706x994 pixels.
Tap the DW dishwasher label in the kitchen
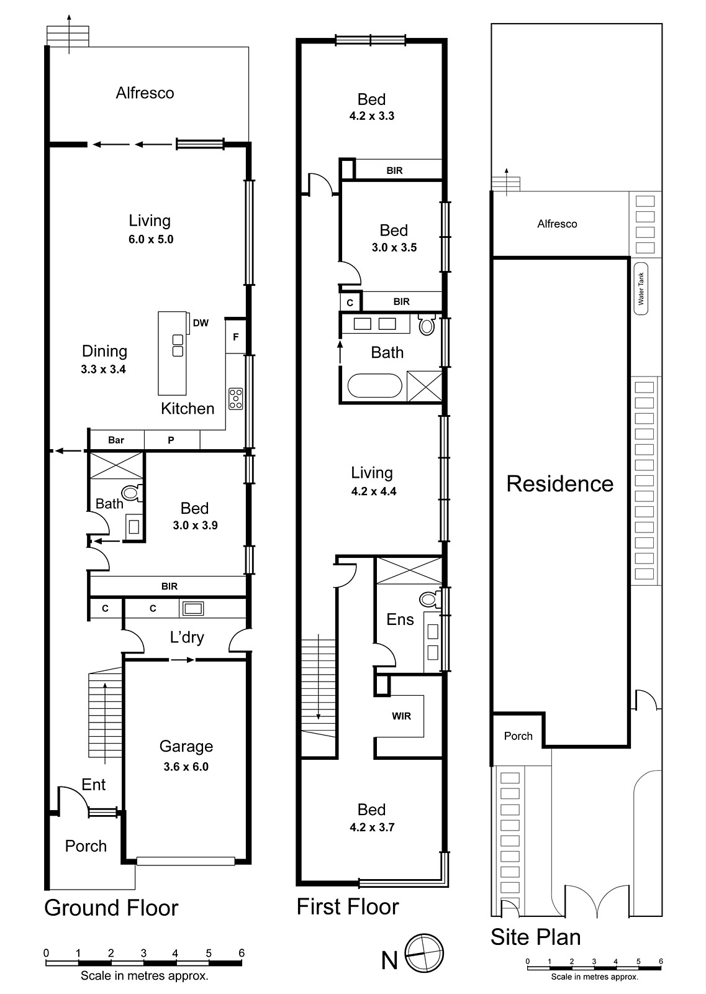201,323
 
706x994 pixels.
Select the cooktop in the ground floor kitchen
235,398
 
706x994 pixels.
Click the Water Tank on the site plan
641,289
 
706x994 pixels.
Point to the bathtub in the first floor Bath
374,385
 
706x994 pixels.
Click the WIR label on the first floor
401,716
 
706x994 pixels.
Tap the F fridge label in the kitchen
236,337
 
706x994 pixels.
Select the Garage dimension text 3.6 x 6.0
186,767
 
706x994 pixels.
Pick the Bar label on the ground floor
116,440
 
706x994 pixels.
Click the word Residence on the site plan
559,484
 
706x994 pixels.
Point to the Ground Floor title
111,908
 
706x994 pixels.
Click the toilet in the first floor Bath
427,326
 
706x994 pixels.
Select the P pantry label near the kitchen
171,440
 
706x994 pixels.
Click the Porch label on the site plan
518,736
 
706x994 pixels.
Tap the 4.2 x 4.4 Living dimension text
374,491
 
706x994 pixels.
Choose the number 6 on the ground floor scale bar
242,953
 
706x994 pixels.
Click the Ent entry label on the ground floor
94,785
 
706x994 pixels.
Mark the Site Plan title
535,937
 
